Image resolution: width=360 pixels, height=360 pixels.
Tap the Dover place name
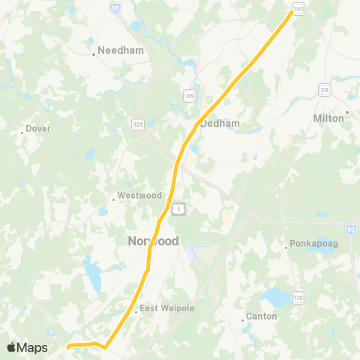click(37, 128)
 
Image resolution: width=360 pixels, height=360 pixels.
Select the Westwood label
click(139, 196)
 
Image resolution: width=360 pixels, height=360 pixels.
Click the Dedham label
click(219, 124)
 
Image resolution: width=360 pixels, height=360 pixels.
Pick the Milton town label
click(327, 118)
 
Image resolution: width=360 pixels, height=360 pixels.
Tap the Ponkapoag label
click(310, 244)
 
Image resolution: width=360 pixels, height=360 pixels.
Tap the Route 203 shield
click(298, 8)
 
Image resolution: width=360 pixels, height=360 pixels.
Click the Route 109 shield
click(190, 95)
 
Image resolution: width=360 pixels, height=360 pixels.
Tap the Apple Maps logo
click(27, 347)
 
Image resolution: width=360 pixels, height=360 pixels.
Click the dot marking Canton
click(243, 320)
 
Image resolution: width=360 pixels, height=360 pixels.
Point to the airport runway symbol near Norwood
click(199, 249)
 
